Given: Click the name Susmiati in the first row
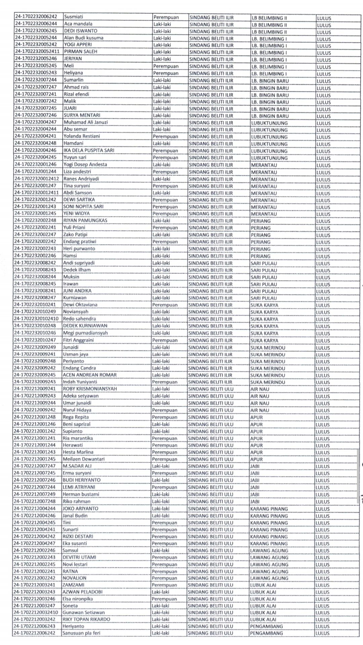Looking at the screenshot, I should [74, 17].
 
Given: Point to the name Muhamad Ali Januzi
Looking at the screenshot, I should [86, 122].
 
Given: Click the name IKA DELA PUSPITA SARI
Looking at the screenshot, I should [89, 150].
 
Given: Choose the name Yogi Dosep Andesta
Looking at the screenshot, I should [85, 164].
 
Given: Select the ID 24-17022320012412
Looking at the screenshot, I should [37, 178].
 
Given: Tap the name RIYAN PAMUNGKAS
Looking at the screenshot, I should [85, 220].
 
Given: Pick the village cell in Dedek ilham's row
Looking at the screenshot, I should [264, 270].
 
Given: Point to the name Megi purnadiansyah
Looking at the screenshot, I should [85, 333].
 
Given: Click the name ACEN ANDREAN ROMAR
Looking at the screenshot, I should [90, 375].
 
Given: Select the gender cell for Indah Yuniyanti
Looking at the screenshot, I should [164, 382].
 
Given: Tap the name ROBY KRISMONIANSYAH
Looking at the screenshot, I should [90, 389].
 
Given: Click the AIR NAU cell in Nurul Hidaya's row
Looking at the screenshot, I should [260, 410].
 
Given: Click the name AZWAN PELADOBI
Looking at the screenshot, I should [82, 592].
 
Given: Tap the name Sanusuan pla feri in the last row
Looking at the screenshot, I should [81, 633].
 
